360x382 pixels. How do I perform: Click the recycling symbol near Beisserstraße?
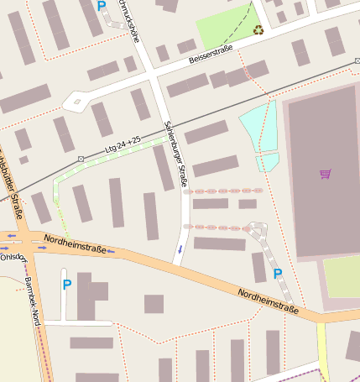(x=258, y=30)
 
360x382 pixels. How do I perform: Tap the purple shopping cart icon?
(x=325, y=174)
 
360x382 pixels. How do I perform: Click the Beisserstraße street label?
(x=211, y=54)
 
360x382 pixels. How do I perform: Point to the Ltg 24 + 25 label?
(x=123, y=144)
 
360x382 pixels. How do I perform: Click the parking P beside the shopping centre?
(x=278, y=274)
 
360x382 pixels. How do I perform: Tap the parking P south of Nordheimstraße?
(x=66, y=285)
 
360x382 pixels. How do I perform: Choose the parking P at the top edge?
(x=102, y=6)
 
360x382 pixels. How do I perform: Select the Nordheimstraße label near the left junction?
(x=76, y=244)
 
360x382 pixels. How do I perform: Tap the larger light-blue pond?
(x=260, y=127)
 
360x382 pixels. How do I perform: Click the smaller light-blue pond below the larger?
(x=267, y=161)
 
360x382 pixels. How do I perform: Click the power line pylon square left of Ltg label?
(x=81, y=158)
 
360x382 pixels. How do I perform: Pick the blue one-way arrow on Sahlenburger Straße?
(x=179, y=249)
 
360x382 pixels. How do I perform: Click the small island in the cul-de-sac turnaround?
(x=76, y=102)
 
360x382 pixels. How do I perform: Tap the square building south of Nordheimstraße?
(x=154, y=303)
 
